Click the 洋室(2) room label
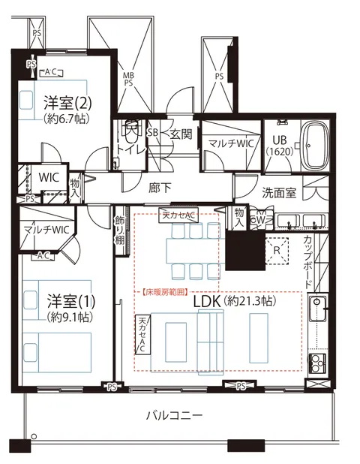[x=67, y=102]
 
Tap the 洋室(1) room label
[x=71, y=300]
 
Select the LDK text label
[x=207, y=301]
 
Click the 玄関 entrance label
[x=181, y=134]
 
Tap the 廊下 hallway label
[x=160, y=188]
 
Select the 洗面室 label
[x=279, y=193]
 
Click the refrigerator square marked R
[x=277, y=250]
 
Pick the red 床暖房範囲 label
[x=165, y=292]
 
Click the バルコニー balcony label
[x=175, y=415]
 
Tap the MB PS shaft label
[x=128, y=79]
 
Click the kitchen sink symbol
[x=317, y=309]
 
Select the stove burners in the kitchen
[x=316, y=363]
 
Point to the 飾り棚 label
[x=120, y=230]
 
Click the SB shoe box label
[x=153, y=132]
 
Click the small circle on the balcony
[x=34, y=436]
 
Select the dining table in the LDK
[x=196, y=251]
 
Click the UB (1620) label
[x=280, y=146]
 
